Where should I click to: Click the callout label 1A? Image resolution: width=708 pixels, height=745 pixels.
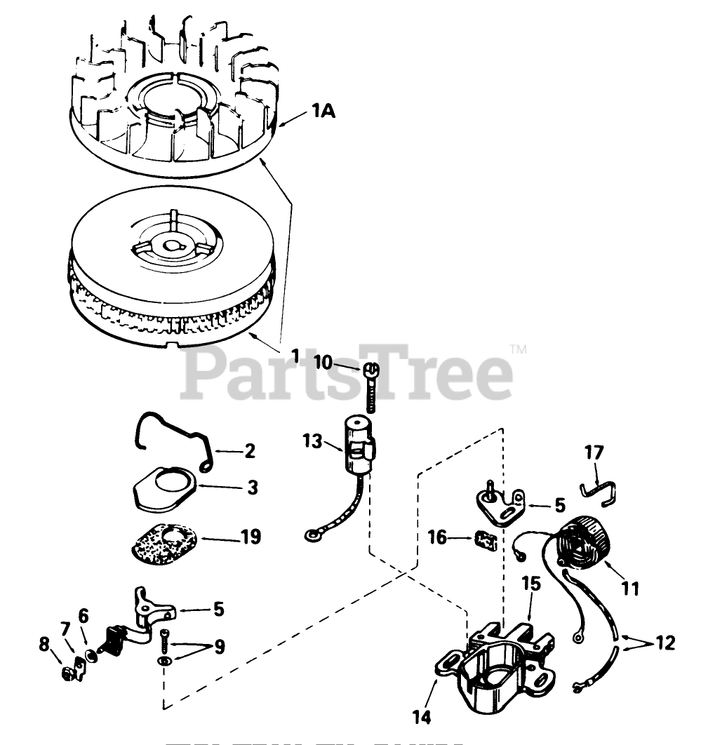click(323, 111)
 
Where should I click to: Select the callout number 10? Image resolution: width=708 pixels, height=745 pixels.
click(324, 362)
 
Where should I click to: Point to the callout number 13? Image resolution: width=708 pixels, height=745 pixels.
click(313, 442)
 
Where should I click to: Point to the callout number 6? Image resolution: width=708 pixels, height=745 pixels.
click(84, 615)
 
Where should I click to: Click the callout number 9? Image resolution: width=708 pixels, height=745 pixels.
click(219, 647)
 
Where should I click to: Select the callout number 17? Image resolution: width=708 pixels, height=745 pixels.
click(594, 452)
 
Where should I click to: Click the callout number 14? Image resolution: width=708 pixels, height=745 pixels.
click(421, 717)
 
